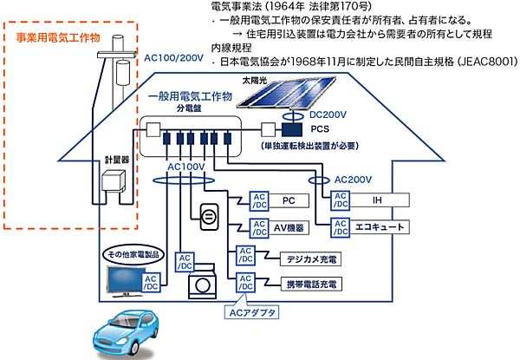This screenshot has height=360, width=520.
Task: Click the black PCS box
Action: tap(297, 130)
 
